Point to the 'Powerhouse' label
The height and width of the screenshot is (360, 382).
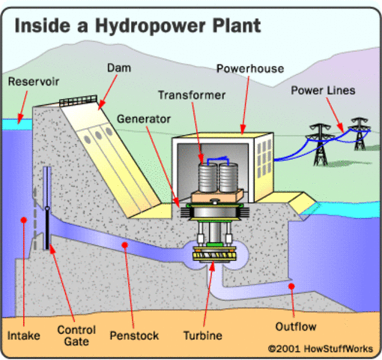pyautogui.click(x=250, y=69)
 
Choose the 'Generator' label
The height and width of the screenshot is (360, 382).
pyautogui.click(x=143, y=118)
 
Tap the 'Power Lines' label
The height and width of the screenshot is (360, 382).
pyautogui.click(x=324, y=90)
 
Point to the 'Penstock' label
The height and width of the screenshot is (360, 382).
pyautogui.click(x=133, y=335)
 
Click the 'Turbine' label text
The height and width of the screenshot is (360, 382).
pyautogui.click(x=202, y=335)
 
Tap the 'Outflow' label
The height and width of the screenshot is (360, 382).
pyautogui.click(x=297, y=327)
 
